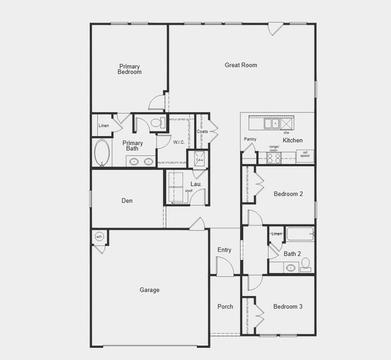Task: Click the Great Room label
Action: (x=241, y=65)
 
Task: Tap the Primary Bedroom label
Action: (x=130, y=69)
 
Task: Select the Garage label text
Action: (x=149, y=290)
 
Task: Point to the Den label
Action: (x=127, y=201)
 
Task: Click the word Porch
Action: (x=225, y=307)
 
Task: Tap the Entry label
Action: (x=224, y=250)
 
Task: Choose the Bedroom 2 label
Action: (x=288, y=194)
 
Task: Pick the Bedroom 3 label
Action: (x=288, y=307)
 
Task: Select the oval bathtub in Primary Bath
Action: (x=102, y=152)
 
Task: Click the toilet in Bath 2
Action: (x=305, y=263)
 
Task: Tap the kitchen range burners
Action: (x=273, y=158)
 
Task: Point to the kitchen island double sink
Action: (x=272, y=124)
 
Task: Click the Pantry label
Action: (x=250, y=139)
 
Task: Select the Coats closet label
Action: (x=202, y=131)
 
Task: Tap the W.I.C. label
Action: (x=179, y=142)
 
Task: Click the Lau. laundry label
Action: (x=195, y=184)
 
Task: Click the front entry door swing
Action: (x=223, y=264)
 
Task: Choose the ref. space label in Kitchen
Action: (x=305, y=154)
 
